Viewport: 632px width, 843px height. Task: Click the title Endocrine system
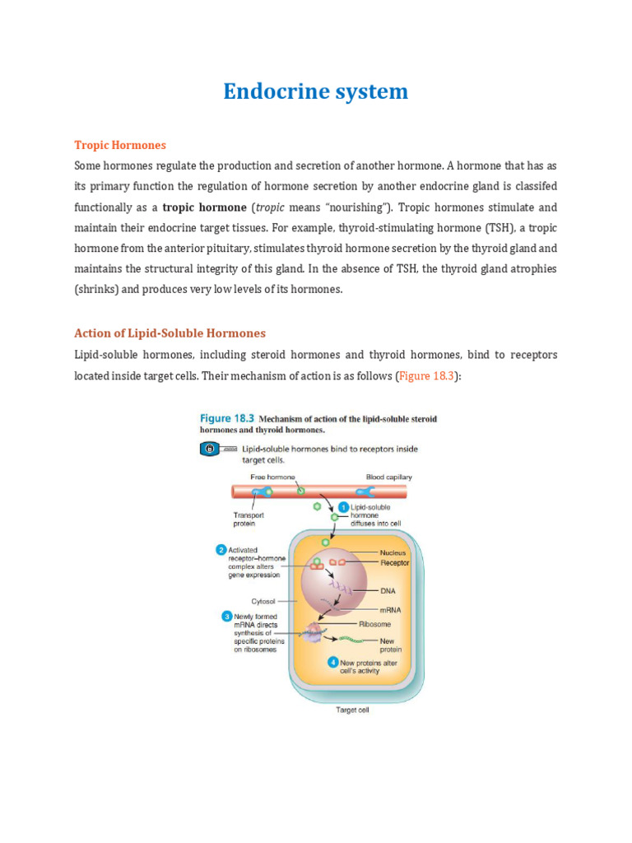(315, 91)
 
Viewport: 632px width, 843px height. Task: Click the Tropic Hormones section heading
(120, 145)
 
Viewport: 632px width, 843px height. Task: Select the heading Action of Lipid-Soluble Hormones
(170, 333)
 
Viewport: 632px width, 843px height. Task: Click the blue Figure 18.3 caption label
(227, 419)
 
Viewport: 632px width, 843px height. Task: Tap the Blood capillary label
(389, 477)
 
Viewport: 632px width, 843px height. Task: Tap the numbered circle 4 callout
(332, 661)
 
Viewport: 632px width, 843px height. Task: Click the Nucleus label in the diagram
(393, 552)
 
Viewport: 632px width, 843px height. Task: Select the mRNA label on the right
(390, 609)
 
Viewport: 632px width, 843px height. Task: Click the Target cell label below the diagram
(352, 710)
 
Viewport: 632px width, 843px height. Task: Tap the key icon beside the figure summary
(209, 449)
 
